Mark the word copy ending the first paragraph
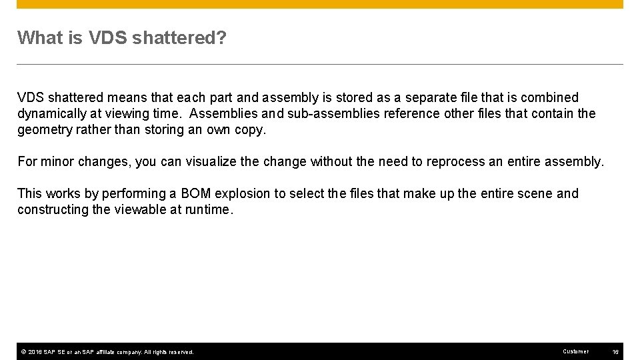point(251,129)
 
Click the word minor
point(56,161)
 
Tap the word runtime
point(210,209)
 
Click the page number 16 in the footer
point(615,351)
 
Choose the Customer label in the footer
point(575,351)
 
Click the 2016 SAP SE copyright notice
point(107,351)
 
